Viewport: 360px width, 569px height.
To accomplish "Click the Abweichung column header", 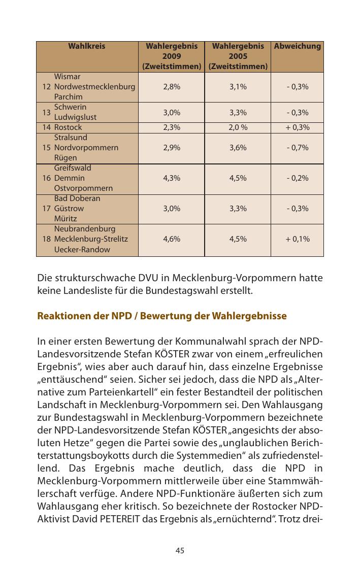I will (297, 46).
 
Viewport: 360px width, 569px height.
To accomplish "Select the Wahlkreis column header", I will (87, 46).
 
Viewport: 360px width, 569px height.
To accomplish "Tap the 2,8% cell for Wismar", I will (172, 87).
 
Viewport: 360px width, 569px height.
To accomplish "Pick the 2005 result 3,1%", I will (238, 87).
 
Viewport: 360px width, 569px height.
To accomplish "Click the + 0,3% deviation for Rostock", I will (297, 127).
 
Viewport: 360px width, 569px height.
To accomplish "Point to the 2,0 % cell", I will (238, 127).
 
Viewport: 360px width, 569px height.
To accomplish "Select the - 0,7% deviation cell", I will (297, 148).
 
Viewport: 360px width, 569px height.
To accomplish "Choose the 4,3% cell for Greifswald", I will (172, 178).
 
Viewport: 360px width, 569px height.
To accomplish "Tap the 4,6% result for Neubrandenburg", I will (172, 239).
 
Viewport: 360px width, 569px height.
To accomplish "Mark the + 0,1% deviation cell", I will (297, 239).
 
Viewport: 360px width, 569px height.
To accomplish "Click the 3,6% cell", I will (238, 148).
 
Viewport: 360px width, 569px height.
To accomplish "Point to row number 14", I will (47, 127).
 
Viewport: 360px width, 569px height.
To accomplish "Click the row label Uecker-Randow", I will (82, 249).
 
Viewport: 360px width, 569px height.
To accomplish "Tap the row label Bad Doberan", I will (77, 198).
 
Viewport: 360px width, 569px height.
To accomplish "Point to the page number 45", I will (180, 550).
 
